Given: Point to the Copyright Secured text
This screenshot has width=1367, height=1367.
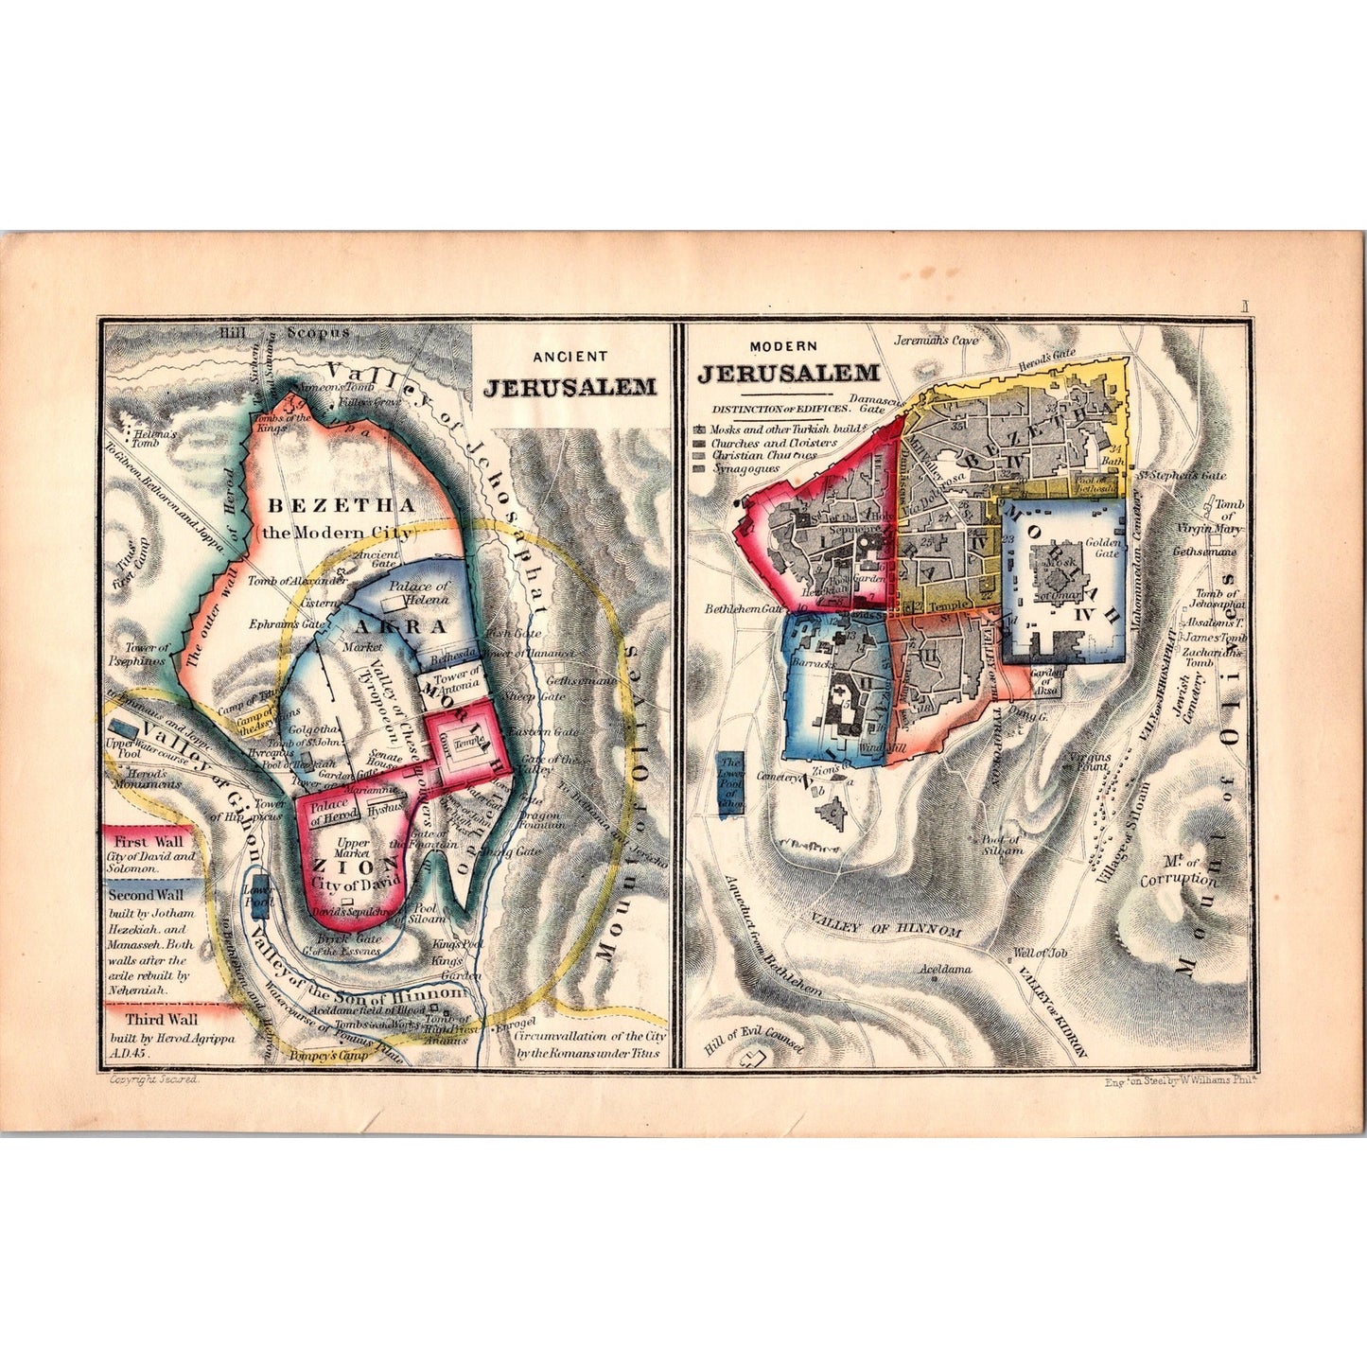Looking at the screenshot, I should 154,1078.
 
